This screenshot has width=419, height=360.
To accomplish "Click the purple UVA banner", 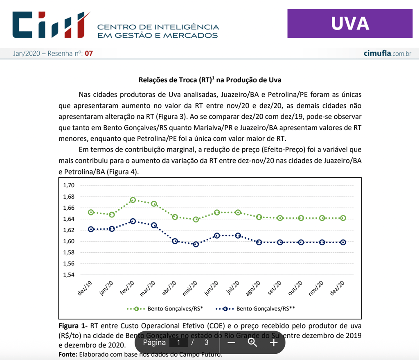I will coord(350,23).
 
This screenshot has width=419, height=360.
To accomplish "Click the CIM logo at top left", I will coord(51,25).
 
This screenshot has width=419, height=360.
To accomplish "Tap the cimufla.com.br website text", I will coord(387,54).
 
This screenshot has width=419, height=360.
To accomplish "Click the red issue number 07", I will coord(89,54).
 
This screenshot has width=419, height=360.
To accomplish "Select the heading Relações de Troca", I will coord(209,80).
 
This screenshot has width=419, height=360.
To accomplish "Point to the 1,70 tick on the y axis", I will coord(68,185).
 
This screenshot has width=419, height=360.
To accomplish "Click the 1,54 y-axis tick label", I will coord(68,275).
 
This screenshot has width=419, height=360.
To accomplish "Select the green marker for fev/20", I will coord(133,200).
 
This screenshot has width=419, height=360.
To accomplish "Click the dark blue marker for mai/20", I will coord(196,244).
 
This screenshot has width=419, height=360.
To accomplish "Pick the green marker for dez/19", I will coord(91,212).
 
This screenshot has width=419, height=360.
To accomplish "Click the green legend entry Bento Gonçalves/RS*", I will coord(166,308).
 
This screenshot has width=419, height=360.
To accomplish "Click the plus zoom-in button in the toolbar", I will coord(274,342).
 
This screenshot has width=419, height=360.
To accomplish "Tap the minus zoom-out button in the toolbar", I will coord(231,342).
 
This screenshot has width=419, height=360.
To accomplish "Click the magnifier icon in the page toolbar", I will coord(252,342).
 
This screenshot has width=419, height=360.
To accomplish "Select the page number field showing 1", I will coord(178,342).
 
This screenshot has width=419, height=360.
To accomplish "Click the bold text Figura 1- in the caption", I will coord(73,326).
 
